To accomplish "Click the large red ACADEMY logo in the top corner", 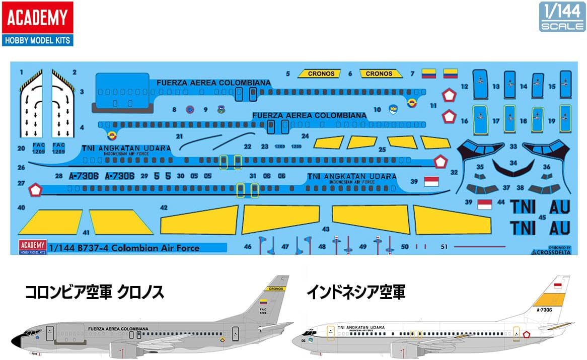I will pyautogui.click(x=37, y=18).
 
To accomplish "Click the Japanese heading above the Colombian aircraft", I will pyautogui.click(x=95, y=293).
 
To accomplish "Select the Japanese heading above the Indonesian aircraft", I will pyautogui.click(x=357, y=293).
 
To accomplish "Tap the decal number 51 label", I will pyautogui.click(x=443, y=247).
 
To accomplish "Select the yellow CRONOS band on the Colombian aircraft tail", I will pyautogui.click(x=276, y=289).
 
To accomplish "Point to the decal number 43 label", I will pyautogui.click(x=326, y=229).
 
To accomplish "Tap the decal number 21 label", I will pyautogui.click(x=179, y=136).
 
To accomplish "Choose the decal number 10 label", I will pyautogui.click(x=377, y=109).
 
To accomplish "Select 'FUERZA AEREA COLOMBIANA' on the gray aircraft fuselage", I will pyautogui.click(x=118, y=328).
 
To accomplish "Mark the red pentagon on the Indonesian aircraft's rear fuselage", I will pyautogui.click(x=526, y=335).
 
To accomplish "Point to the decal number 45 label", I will pyautogui.click(x=542, y=218).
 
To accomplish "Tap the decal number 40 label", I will pyautogui.click(x=21, y=207).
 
